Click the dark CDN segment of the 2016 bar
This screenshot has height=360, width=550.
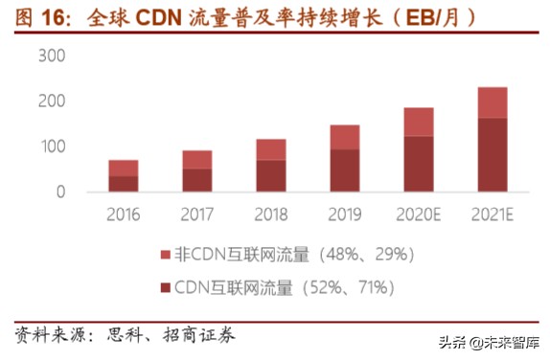(x=123, y=183)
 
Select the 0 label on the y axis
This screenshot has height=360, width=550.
(x=59, y=191)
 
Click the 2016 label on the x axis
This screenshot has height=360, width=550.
(x=123, y=214)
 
